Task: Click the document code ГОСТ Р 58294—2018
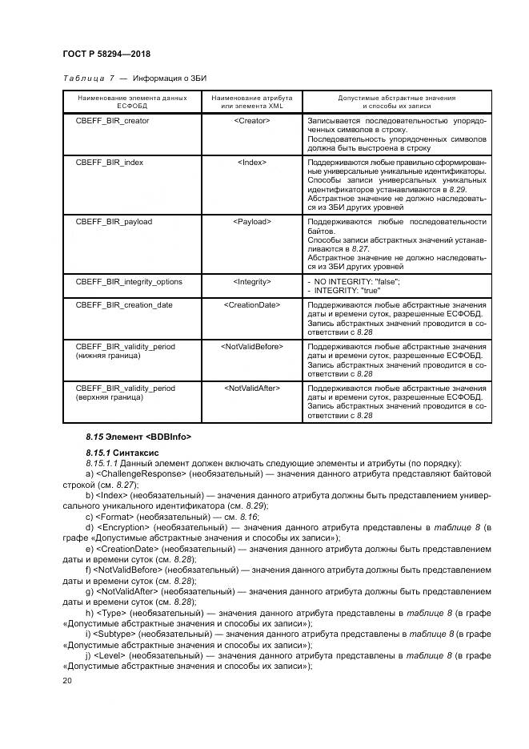pyautogui.click(x=106, y=54)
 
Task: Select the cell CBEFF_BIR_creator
pyautogui.click(x=112, y=121)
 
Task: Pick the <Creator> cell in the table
pyautogui.click(x=251, y=121)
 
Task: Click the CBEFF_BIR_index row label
pyautogui.click(x=109, y=162)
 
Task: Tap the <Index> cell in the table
pyautogui.click(x=251, y=162)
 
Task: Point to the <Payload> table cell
pyautogui.click(x=251, y=222)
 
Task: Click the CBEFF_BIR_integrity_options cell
pyautogui.click(x=129, y=282)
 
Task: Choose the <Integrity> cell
pyautogui.click(x=251, y=282)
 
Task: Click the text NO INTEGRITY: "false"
pyautogui.click(x=356, y=282)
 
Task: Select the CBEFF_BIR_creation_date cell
pyautogui.click(x=124, y=305)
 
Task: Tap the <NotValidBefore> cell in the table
pyautogui.click(x=251, y=347)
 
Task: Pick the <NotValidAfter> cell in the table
pyautogui.click(x=251, y=389)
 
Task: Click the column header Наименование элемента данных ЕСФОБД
pyautogui.click(x=131, y=102)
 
